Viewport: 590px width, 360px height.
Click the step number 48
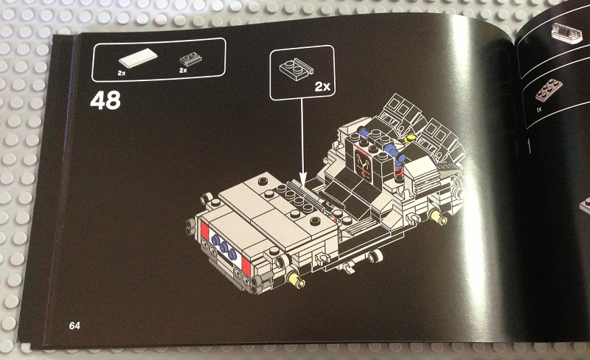(105, 100)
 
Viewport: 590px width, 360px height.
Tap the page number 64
(74, 325)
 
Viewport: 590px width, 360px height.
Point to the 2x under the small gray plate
(183, 70)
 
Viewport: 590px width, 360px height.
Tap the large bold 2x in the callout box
(323, 86)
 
